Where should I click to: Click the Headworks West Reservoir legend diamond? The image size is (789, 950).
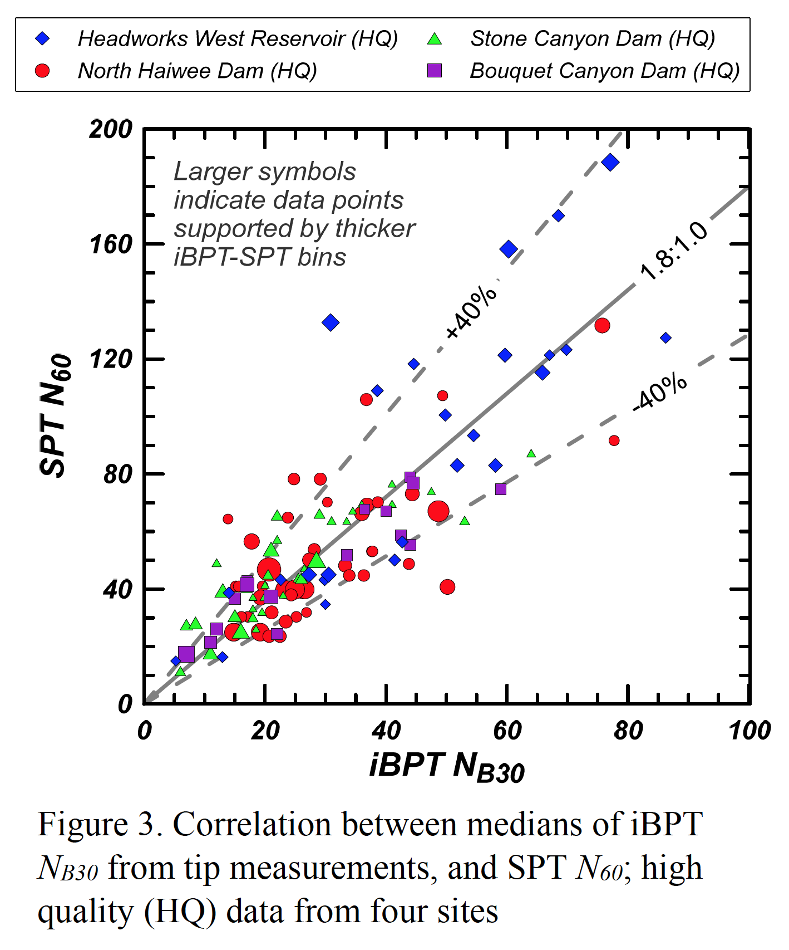coord(43,38)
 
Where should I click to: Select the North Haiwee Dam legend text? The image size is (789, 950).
coord(198,71)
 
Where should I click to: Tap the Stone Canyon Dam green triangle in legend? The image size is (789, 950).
coord(435,39)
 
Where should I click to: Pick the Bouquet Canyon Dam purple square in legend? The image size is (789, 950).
coord(435,71)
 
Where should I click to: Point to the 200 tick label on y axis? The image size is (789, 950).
coord(111,129)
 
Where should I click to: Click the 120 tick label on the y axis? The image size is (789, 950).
coord(111,359)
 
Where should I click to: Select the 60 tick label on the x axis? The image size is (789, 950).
coord(507,731)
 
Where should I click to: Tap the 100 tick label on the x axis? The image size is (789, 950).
coord(749,731)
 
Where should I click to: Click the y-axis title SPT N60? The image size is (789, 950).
coord(56,415)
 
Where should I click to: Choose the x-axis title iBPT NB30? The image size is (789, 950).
coord(447,767)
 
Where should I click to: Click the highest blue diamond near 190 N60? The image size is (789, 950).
coord(610,163)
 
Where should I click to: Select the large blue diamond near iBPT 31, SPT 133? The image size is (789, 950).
coord(331,322)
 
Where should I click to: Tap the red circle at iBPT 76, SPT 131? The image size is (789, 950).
coord(602,326)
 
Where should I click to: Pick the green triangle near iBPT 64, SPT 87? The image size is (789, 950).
coord(531,454)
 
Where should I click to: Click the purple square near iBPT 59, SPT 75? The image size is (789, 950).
coord(501,489)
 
